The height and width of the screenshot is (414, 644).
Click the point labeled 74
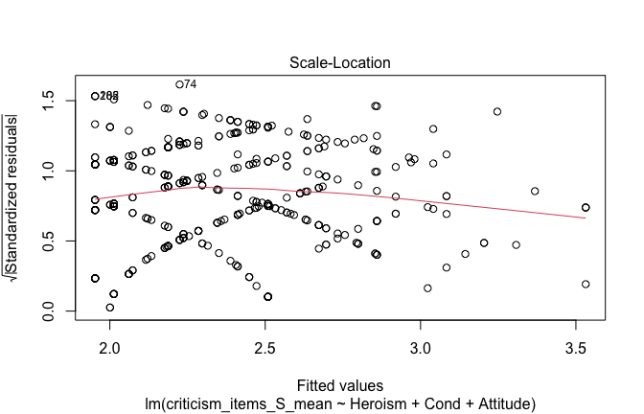pyautogui.click(x=179, y=84)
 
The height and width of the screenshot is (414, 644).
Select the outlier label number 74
pyautogui.click(x=191, y=84)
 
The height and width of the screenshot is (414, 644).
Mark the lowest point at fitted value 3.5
pyautogui.click(x=585, y=284)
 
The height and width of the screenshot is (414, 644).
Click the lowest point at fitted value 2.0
pyautogui.click(x=110, y=307)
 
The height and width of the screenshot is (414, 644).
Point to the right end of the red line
pyautogui.click(x=586, y=218)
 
